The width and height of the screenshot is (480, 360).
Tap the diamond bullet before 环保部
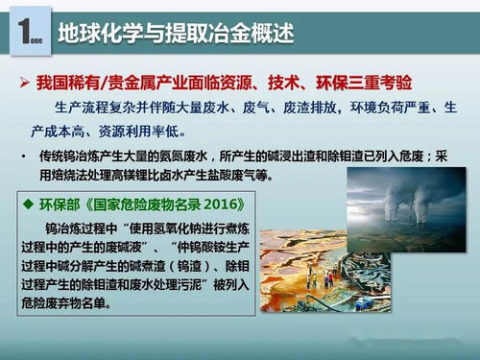click(31, 205)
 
